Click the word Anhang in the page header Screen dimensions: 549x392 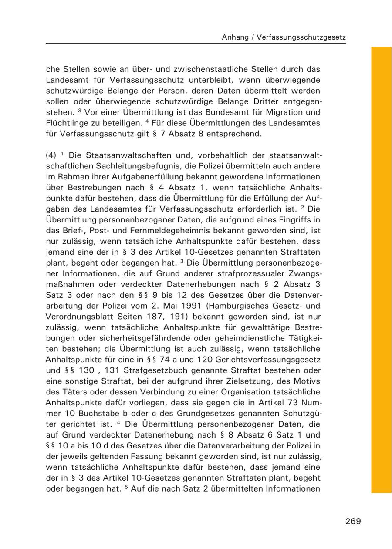[234, 37]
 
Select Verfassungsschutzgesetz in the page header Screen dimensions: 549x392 [301, 37]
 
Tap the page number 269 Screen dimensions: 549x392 [353, 521]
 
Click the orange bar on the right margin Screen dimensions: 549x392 [381, 270]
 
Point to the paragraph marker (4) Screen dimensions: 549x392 [51, 155]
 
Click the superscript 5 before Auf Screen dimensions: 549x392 [126, 487]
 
